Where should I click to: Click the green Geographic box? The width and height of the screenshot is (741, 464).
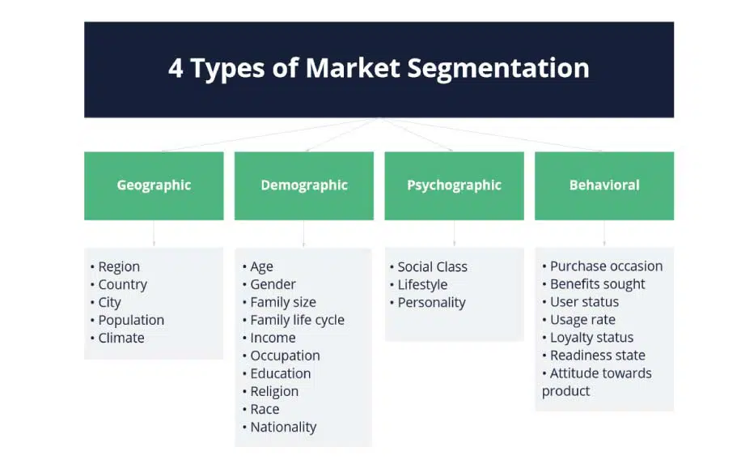[x=154, y=185]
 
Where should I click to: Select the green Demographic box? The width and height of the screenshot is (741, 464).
[x=304, y=185]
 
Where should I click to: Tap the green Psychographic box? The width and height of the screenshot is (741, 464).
[x=454, y=185]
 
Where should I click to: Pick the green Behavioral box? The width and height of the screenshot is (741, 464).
[x=604, y=185]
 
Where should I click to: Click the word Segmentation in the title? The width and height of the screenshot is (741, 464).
[x=498, y=69]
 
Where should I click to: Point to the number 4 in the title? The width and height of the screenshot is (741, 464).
[x=176, y=68]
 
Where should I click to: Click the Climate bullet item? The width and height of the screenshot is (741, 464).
[x=117, y=338]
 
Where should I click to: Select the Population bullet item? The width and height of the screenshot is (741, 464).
[x=128, y=320]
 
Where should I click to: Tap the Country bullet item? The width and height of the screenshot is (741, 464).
[x=119, y=285]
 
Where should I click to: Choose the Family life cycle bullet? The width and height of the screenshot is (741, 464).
[x=294, y=320]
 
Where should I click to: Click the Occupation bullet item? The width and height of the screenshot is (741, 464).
[x=282, y=355]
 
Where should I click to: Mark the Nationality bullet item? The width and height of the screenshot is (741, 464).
[x=280, y=427]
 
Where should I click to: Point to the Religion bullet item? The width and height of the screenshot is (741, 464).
[x=271, y=392]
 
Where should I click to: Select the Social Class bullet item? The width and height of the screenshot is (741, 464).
[x=429, y=266]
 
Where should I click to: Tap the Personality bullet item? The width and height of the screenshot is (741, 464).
[x=428, y=303]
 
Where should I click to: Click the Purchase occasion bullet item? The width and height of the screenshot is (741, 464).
[x=603, y=266]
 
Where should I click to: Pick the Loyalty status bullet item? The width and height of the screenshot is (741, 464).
[x=588, y=338]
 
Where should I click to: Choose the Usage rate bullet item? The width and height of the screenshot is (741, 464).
[x=579, y=320]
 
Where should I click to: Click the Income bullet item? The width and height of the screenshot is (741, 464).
[x=269, y=338]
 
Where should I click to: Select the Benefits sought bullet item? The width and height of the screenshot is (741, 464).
[x=594, y=284]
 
